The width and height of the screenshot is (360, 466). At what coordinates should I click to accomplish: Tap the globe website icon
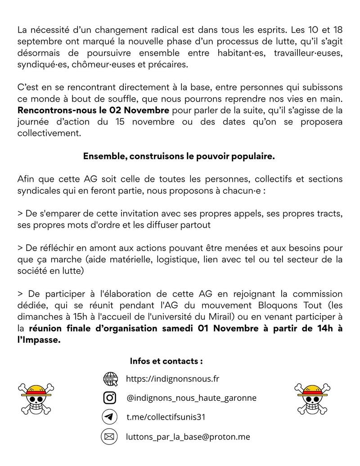click(110, 379)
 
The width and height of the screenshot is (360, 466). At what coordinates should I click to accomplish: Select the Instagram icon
click(110, 398)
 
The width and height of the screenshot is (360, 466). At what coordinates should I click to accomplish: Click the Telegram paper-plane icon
click(110, 417)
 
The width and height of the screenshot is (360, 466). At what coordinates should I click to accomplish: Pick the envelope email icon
click(110, 436)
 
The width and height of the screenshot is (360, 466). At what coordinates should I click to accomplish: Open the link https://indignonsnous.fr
click(172, 379)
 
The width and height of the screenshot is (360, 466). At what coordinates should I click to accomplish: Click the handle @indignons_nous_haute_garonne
click(191, 398)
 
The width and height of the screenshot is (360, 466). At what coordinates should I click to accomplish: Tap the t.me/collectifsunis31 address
click(166, 417)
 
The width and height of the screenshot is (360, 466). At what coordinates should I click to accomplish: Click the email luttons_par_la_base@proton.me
click(188, 436)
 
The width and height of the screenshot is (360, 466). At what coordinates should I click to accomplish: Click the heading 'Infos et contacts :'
click(166, 361)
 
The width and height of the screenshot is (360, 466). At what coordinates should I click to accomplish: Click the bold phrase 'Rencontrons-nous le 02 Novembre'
click(93, 110)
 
